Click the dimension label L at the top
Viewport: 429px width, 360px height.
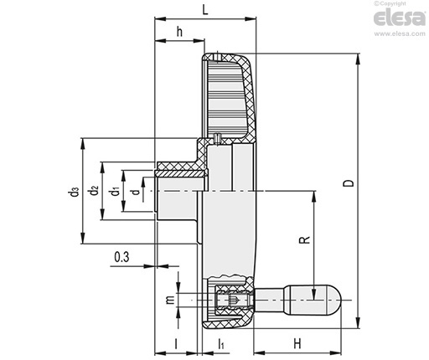tap(205, 10)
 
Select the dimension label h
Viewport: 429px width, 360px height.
tap(179, 32)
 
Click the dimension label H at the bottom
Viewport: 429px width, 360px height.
tap(297, 343)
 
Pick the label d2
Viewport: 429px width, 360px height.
tap(95, 191)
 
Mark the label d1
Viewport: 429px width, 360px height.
tap(115, 192)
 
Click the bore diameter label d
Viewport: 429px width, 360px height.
tap(135, 192)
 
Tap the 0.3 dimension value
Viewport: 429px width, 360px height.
tap(121, 257)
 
